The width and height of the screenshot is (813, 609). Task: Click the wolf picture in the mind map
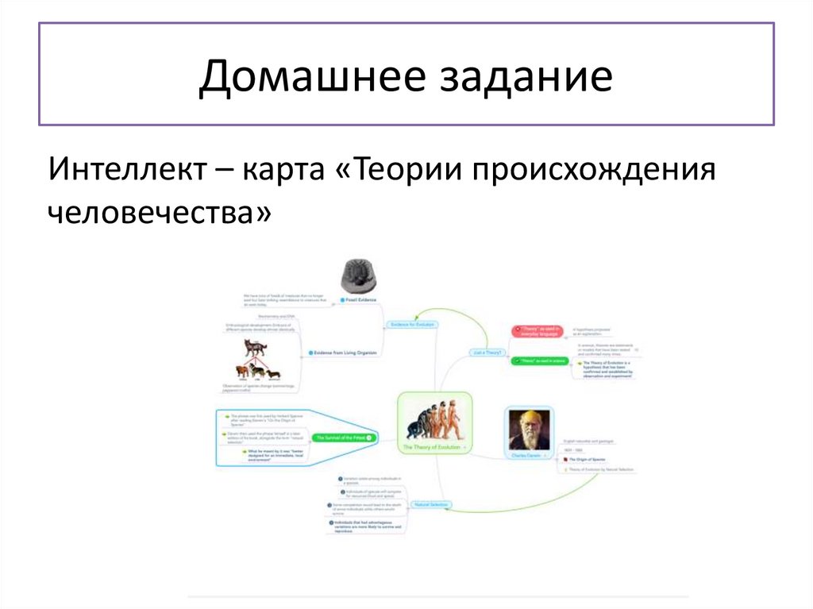tap(255, 348)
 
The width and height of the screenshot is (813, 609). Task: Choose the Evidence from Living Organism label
tap(342, 352)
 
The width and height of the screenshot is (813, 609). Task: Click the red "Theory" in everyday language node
tap(538, 330)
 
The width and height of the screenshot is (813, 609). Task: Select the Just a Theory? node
tap(487, 352)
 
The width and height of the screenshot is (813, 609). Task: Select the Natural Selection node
tap(431, 505)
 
